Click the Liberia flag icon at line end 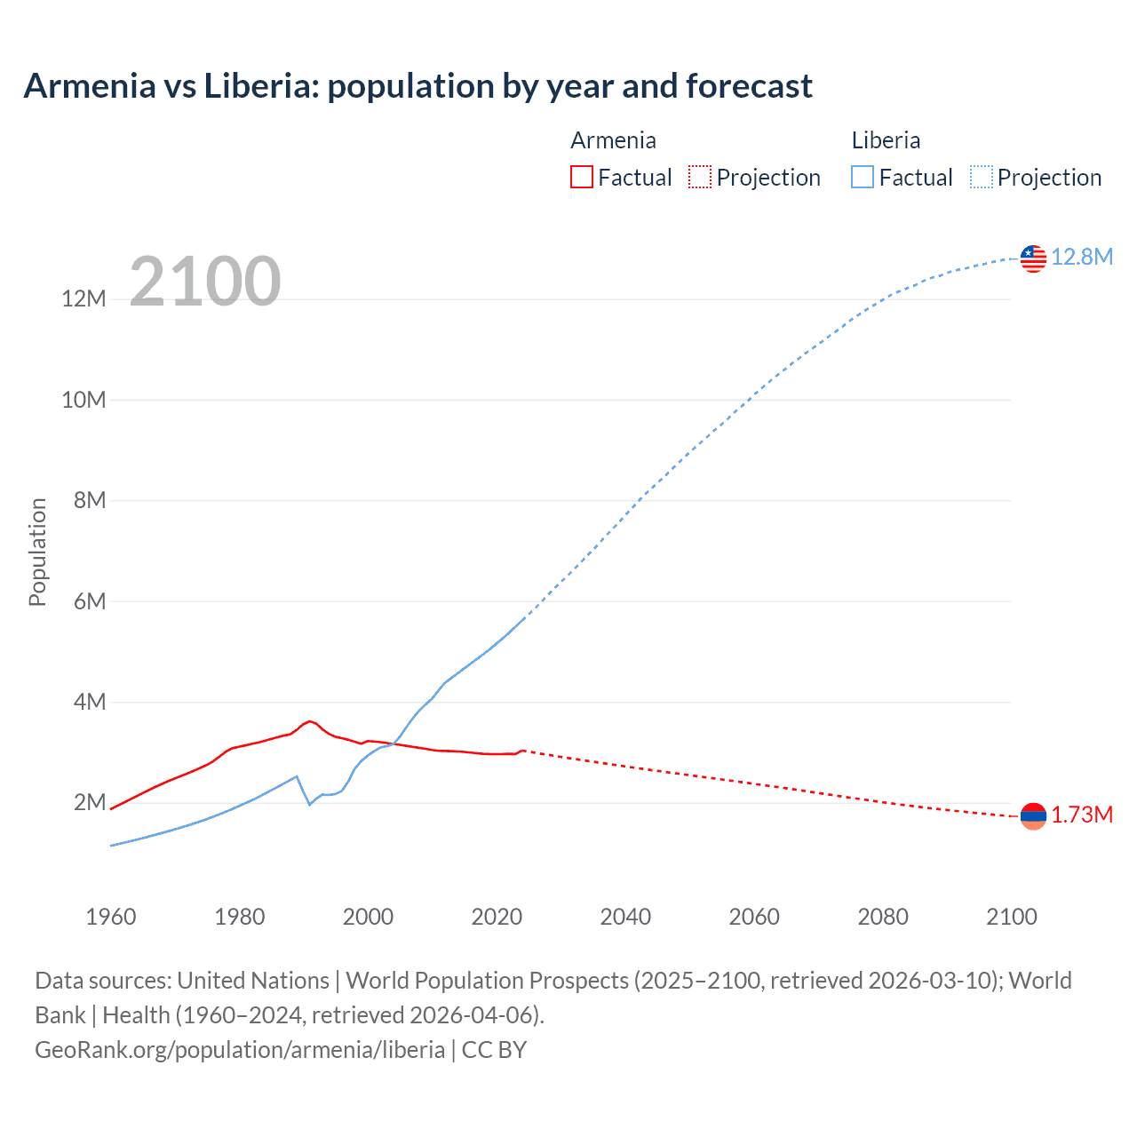[x=1033, y=258]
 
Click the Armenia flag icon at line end [x=1033, y=815]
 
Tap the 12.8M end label [x=1081, y=258]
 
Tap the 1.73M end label [x=1082, y=815]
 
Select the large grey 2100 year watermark [x=205, y=282]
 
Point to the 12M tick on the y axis [x=83, y=299]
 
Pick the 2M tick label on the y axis [x=90, y=803]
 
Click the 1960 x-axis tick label [x=111, y=917]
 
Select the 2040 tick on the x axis [x=625, y=917]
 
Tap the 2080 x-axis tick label [x=883, y=917]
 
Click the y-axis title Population [x=37, y=552]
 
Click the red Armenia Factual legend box [x=581, y=178]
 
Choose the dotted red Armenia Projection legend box [x=700, y=178]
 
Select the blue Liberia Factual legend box [x=862, y=178]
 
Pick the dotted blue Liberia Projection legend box [x=981, y=178]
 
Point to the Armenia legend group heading [x=613, y=140]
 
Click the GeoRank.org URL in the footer [x=240, y=1050]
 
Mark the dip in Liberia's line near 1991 [x=309, y=804]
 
